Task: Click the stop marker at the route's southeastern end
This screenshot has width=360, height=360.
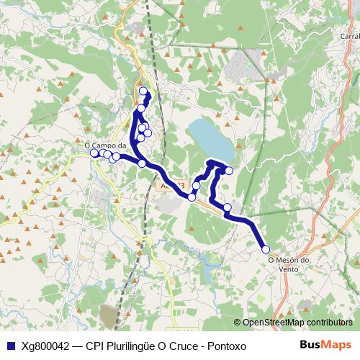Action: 266,249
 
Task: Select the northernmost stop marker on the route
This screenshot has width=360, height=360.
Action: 143,91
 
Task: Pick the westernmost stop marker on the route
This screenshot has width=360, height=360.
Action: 94,153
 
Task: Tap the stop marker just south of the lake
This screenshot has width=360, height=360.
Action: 229,171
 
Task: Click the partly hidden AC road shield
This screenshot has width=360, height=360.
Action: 171,186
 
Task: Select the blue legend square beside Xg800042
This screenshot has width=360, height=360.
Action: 10,346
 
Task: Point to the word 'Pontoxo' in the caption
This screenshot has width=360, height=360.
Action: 226,346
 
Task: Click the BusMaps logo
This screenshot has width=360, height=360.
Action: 325,345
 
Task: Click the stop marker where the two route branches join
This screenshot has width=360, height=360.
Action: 142,163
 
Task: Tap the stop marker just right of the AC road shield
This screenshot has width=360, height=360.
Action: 192,197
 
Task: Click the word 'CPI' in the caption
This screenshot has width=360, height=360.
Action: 95,346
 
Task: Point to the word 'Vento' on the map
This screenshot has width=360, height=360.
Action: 288,269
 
